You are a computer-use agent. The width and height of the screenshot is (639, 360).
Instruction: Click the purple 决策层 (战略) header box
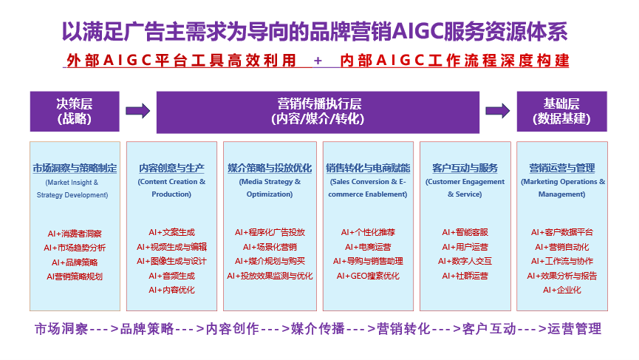75,112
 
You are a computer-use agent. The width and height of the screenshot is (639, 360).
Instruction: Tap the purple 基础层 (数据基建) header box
562,112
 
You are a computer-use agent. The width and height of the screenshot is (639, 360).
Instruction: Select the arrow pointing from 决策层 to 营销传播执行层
137,111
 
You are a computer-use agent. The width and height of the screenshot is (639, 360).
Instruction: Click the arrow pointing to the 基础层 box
498,110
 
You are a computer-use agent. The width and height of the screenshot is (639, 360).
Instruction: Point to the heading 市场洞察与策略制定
75,168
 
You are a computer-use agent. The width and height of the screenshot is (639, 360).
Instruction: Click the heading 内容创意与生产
171,168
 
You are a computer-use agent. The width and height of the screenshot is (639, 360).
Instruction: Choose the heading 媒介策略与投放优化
270,168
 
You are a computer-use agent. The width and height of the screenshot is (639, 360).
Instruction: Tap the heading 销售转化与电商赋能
368,168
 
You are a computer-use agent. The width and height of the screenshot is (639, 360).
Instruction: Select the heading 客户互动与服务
465,168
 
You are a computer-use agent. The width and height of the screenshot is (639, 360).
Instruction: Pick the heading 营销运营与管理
562,168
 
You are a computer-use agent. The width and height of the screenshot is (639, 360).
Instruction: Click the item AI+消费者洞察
75,234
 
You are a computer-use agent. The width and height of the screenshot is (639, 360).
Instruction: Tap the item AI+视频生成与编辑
171,247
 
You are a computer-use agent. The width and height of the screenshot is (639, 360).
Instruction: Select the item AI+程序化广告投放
270,232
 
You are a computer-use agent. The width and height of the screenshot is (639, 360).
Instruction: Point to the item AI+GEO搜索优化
368,276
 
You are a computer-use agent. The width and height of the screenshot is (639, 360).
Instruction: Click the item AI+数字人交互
465,262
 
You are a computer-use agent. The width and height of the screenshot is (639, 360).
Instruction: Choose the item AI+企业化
562,291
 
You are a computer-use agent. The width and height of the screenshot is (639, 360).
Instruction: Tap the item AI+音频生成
171,276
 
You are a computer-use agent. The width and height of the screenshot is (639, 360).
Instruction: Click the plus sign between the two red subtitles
318,61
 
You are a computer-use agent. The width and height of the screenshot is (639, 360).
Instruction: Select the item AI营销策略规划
75,276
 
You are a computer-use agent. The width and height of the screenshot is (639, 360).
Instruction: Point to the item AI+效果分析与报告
562,276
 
